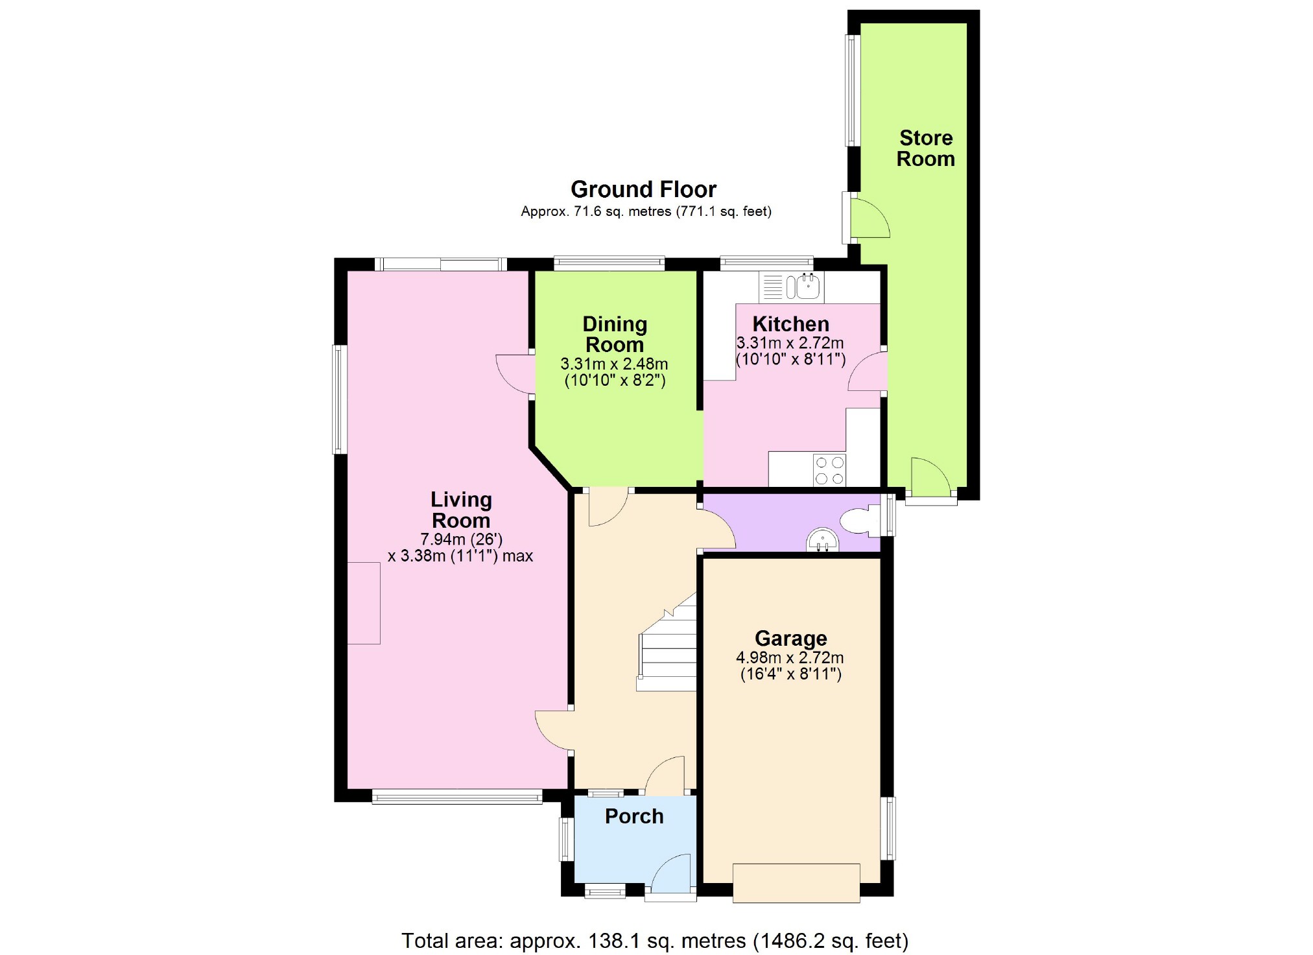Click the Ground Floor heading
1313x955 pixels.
tap(643, 189)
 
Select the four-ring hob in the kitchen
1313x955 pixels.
tap(829, 471)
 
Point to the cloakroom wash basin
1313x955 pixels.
tap(822, 541)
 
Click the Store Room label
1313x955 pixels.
tap(925, 148)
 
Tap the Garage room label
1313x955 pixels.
tap(790, 639)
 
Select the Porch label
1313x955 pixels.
tap(634, 816)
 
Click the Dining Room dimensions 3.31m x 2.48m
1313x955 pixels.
tap(614, 364)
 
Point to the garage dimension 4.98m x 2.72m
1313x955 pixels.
tap(790, 657)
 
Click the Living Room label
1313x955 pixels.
tap(461, 510)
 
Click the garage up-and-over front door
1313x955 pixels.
tap(796, 883)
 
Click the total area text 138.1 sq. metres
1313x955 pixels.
tap(655, 940)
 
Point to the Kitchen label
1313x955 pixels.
tap(790, 324)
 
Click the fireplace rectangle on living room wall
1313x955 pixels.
tap(364, 603)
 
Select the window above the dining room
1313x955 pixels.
tap(609, 263)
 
